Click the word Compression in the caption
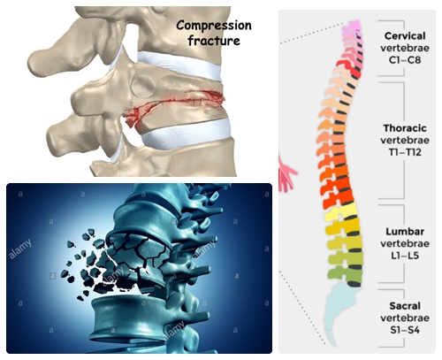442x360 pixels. (x=214, y=26)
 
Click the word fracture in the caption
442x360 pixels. (x=214, y=40)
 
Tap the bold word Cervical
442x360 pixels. (x=405, y=36)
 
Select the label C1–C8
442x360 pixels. (x=405, y=60)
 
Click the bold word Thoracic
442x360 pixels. (x=405, y=128)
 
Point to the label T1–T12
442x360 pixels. (x=405, y=152)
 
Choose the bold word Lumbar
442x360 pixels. (x=405, y=232)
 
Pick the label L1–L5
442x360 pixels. (x=405, y=256)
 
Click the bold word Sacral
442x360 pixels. (x=405, y=306)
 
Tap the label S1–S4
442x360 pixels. (x=405, y=330)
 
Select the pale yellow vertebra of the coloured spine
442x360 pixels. (x=342, y=212)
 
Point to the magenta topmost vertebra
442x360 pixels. (x=352, y=26)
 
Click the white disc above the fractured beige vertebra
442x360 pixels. (x=179, y=65)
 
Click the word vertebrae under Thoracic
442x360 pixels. (x=405, y=141)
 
